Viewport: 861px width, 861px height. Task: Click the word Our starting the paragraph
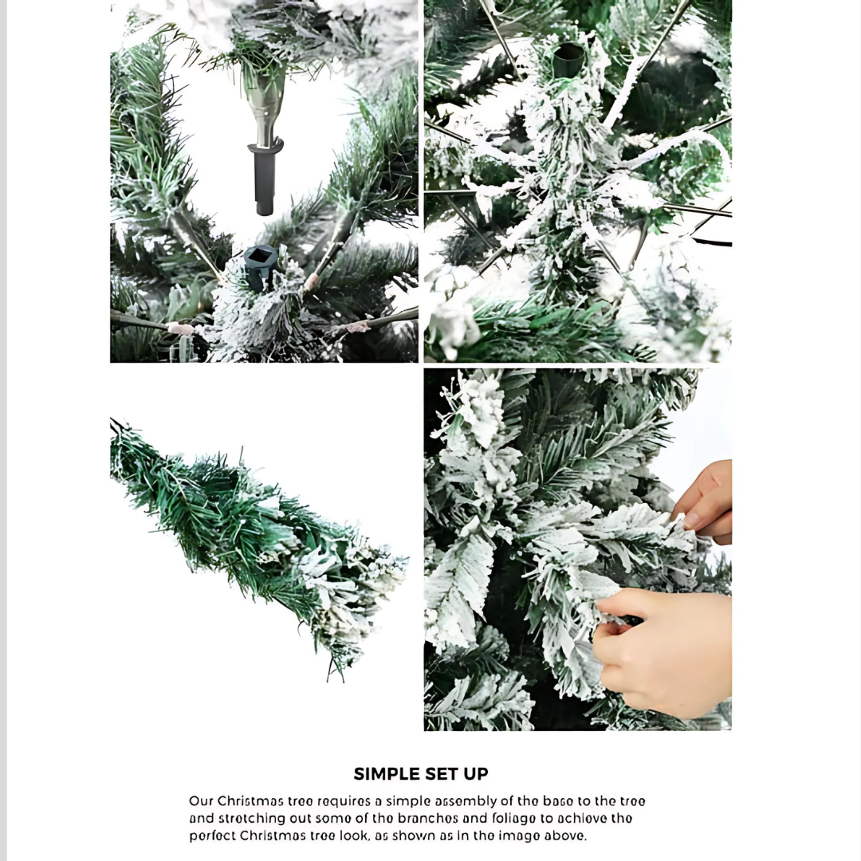click(201, 800)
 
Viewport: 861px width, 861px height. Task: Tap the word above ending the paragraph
click(568, 835)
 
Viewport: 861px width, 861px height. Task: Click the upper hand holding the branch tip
click(703, 502)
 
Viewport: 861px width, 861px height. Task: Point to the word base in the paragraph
click(556, 800)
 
